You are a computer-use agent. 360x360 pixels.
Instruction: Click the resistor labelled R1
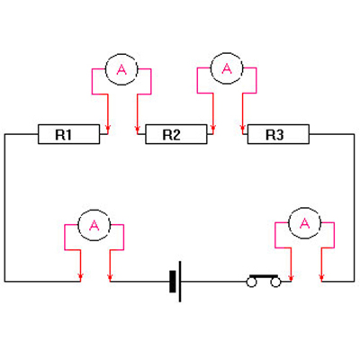[68, 134]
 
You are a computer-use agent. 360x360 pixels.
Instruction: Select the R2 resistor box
[176, 134]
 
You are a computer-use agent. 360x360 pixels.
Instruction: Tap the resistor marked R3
[278, 134]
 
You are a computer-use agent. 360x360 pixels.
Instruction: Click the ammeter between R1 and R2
[121, 69]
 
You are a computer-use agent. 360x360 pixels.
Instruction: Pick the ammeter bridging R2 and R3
[227, 68]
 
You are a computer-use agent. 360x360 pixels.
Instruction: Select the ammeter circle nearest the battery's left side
[94, 225]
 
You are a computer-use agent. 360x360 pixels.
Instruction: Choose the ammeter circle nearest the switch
[304, 222]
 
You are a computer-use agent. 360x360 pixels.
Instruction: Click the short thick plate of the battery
[173, 282]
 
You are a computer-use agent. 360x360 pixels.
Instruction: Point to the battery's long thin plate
[180, 282]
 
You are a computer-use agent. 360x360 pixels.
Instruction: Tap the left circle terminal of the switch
[252, 283]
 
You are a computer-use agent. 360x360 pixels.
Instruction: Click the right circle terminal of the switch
[275, 283]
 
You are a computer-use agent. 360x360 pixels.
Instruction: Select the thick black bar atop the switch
[264, 275]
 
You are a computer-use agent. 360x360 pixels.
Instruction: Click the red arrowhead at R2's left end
[137, 130]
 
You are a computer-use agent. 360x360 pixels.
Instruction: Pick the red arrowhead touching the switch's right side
[291, 277]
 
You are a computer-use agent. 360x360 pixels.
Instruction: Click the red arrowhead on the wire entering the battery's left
[110, 277]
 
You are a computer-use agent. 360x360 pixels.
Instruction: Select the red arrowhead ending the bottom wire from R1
[80, 277]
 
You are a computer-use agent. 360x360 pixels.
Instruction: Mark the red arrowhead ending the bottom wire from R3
[321, 277]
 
